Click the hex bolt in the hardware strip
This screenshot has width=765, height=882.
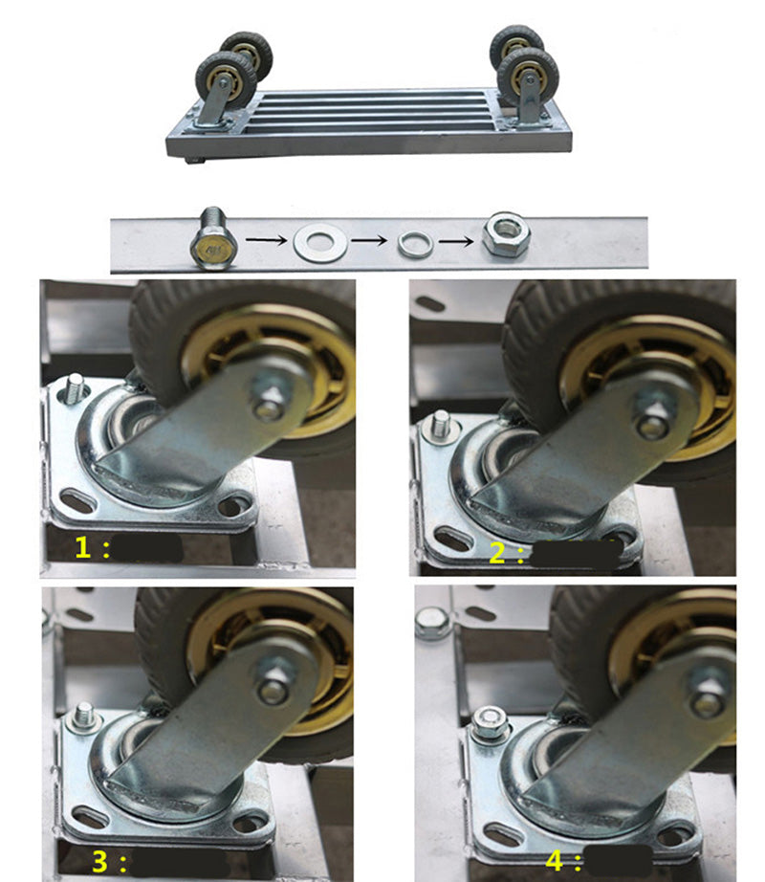point(213,238)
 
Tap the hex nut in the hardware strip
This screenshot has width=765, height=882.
point(507,234)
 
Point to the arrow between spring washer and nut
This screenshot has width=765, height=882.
point(456,242)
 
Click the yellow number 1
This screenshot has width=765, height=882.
point(82,547)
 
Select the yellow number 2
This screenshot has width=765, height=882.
point(497,552)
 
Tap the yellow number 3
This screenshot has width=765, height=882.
point(100,862)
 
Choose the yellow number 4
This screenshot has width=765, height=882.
point(555,861)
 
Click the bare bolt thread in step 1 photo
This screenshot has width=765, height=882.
point(75,388)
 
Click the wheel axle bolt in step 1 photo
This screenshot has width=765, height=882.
point(268,398)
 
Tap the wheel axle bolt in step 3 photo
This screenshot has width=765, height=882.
point(274,682)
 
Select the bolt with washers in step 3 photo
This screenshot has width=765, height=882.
point(84,718)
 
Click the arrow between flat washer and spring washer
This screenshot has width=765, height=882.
point(369,241)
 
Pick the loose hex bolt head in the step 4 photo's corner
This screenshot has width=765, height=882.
point(431,623)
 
